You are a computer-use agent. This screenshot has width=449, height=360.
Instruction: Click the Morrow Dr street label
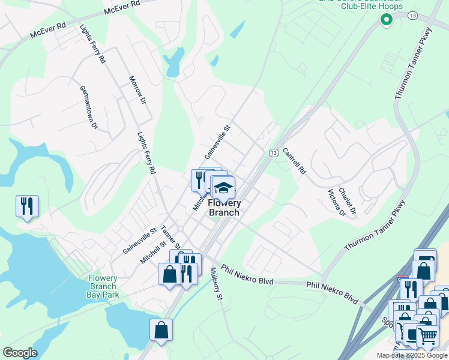coord(137,91)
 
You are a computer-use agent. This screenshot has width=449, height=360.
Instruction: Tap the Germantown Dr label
coord(89,107)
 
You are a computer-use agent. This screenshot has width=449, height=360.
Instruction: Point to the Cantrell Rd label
coord(294,161)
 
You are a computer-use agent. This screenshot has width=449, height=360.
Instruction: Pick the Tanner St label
coord(170,238)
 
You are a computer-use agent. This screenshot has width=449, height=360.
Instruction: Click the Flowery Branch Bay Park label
coord(103,286)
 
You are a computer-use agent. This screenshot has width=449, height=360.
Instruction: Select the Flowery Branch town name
coord(224,208)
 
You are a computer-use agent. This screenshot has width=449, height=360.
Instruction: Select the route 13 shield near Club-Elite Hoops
coord(412,15)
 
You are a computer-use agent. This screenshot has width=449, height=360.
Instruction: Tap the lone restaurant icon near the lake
coord(27,206)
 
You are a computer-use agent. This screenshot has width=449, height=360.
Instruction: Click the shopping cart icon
coord(427,335)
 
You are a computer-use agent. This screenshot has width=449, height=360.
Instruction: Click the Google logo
coord(20,353)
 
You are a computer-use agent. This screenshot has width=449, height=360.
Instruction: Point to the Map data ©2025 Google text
coord(412,355)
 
